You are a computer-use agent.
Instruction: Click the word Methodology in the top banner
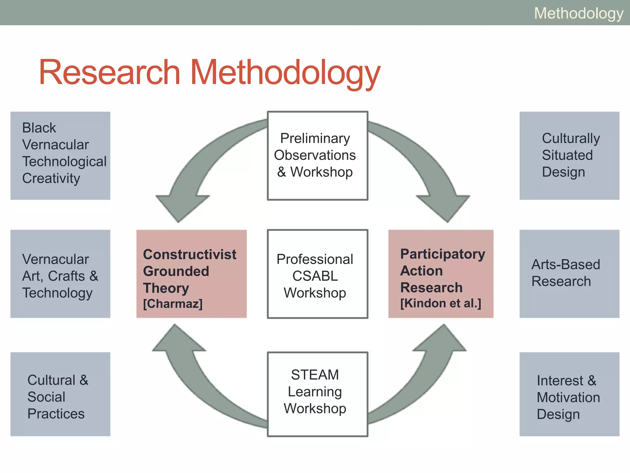[x=578, y=13]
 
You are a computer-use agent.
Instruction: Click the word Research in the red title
[x=109, y=72]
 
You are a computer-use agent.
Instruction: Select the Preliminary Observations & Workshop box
[x=317, y=156]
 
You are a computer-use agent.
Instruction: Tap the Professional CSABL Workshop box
[x=317, y=274]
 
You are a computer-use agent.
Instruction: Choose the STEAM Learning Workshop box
[x=317, y=394]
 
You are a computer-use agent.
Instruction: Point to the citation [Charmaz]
[x=173, y=304]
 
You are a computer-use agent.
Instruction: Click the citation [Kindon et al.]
[x=441, y=303]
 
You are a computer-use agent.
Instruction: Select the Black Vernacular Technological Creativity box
[x=60, y=156]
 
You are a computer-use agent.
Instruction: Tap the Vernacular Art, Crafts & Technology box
[x=60, y=274]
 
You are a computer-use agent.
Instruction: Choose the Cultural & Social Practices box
[x=60, y=394]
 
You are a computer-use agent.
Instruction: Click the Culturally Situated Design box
[x=569, y=156]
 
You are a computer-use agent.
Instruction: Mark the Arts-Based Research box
[x=569, y=274]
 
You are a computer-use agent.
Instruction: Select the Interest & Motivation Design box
[x=569, y=394]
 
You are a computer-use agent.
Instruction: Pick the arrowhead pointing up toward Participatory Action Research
[x=441, y=339]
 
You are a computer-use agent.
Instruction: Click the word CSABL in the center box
[x=315, y=276]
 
